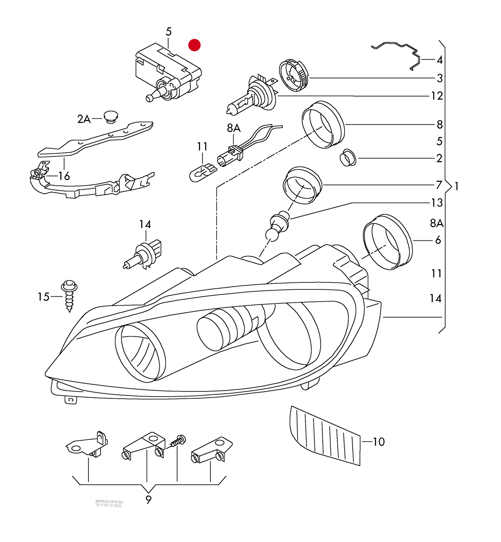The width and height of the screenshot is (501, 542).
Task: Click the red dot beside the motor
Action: click(194, 45)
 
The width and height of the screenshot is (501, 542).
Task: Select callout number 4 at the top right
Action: click(439, 60)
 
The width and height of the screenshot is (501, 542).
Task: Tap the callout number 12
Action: click(437, 96)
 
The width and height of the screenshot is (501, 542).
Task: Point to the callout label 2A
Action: click(84, 119)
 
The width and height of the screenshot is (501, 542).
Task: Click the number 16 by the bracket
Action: click(64, 176)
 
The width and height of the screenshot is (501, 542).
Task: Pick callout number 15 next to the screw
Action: click(44, 297)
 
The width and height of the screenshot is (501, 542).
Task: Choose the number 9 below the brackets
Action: click(148, 500)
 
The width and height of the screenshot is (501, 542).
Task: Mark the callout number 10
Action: click(379, 442)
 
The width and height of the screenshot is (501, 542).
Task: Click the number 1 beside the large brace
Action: click(457, 186)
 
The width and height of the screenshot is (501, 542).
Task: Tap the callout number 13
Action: click(437, 203)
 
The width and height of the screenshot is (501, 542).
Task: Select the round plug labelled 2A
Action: click(111, 117)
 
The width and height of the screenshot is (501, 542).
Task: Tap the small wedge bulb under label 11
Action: click(202, 172)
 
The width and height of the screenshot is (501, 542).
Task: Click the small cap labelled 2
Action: click(347, 158)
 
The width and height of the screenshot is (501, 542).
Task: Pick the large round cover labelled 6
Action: click(388, 242)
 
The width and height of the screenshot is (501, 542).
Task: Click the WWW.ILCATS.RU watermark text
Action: click(109, 502)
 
